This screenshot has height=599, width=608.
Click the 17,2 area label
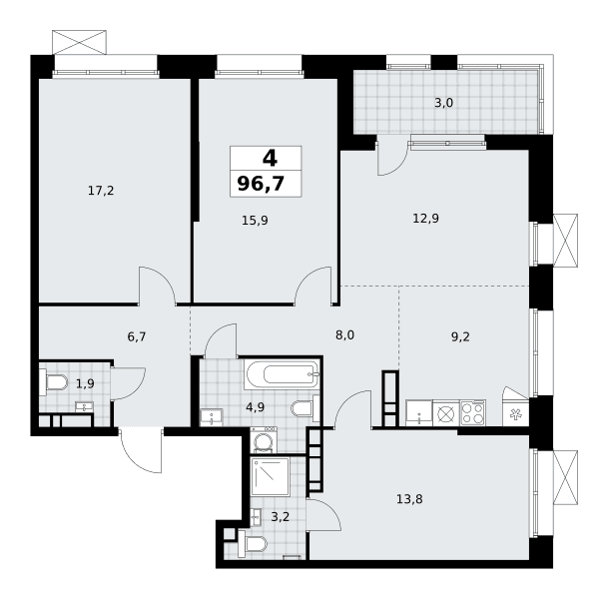(101, 191)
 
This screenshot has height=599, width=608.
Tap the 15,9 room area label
(255, 221)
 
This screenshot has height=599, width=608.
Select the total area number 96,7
(261, 184)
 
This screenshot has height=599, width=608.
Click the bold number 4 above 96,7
(270, 158)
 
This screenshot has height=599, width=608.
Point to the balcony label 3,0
(443, 103)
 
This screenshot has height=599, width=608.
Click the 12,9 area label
(425, 219)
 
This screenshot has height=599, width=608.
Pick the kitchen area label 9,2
(460, 336)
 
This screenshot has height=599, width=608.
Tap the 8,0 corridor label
(344, 335)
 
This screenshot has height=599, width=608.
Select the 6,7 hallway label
(137, 336)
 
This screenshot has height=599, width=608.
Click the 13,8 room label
(409, 499)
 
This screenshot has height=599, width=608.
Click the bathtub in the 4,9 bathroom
(282, 375)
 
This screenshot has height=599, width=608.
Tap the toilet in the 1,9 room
(54, 382)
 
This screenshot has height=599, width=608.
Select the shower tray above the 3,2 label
(271, 476)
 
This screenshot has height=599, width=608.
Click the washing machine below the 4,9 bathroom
(264, 439)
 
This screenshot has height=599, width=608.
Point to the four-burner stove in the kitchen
(472, 413)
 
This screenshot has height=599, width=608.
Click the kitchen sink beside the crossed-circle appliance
(418, 413)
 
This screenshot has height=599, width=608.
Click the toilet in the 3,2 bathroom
(252, 545)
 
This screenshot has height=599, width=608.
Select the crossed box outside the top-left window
(79, 42)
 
